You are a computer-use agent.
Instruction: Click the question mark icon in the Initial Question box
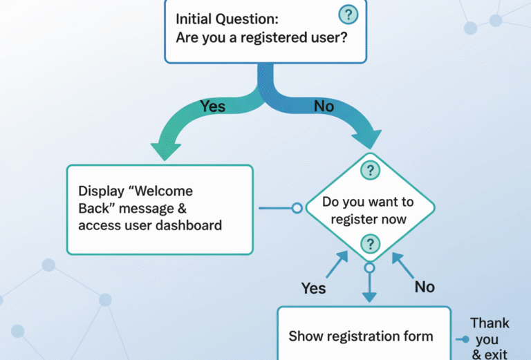(349, 15)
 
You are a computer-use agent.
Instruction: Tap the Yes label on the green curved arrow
(213, 106)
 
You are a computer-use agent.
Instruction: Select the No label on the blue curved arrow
(325, 106)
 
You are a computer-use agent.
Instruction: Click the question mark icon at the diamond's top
(371, 170)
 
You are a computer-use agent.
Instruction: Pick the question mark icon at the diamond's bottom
(371, 243)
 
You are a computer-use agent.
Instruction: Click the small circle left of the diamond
(297, 207)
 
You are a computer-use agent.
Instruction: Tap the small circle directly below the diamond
(369, 267)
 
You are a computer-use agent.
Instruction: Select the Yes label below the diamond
(314, 287)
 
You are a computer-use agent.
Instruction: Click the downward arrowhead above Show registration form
(369, 296)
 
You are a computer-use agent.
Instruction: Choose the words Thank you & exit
(490, 339)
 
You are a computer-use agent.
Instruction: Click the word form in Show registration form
(418, 337)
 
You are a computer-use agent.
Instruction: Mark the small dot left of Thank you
(466, 339)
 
